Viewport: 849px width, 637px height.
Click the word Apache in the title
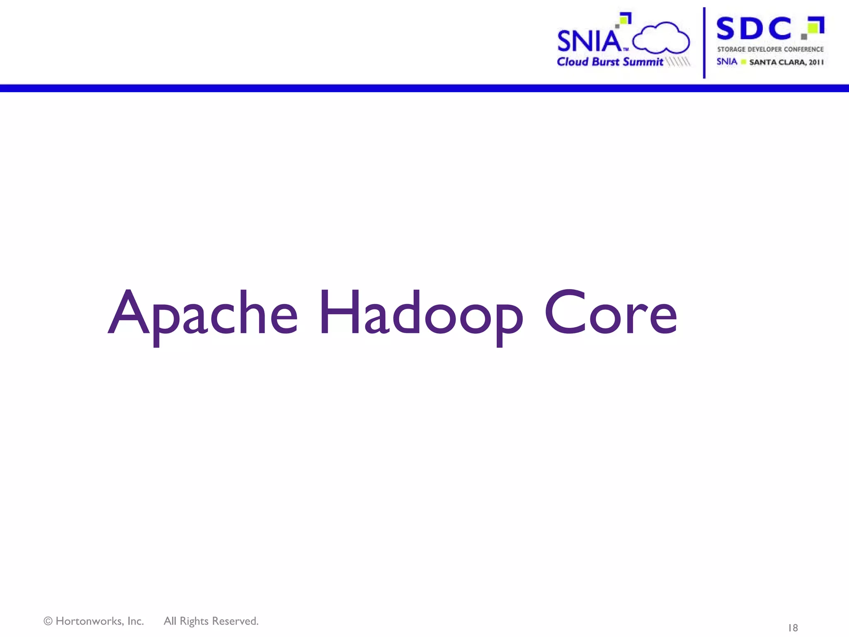203,313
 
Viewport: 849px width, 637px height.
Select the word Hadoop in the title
421,313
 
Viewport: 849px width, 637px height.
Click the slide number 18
793,628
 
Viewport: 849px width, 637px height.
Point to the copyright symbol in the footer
48,621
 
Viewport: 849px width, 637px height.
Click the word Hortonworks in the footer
99,621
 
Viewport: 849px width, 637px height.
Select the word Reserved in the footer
235,621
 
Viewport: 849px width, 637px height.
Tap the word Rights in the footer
194,621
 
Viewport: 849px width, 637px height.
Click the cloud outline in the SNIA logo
661,38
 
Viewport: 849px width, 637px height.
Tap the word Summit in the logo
643,62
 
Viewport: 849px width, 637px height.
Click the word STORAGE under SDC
731,49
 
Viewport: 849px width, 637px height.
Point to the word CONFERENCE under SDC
803,49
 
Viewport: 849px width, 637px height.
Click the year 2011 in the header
816,62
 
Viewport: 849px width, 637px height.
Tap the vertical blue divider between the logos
704,43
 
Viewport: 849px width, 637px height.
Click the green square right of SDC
814,27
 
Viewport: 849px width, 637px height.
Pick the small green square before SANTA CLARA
744,62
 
